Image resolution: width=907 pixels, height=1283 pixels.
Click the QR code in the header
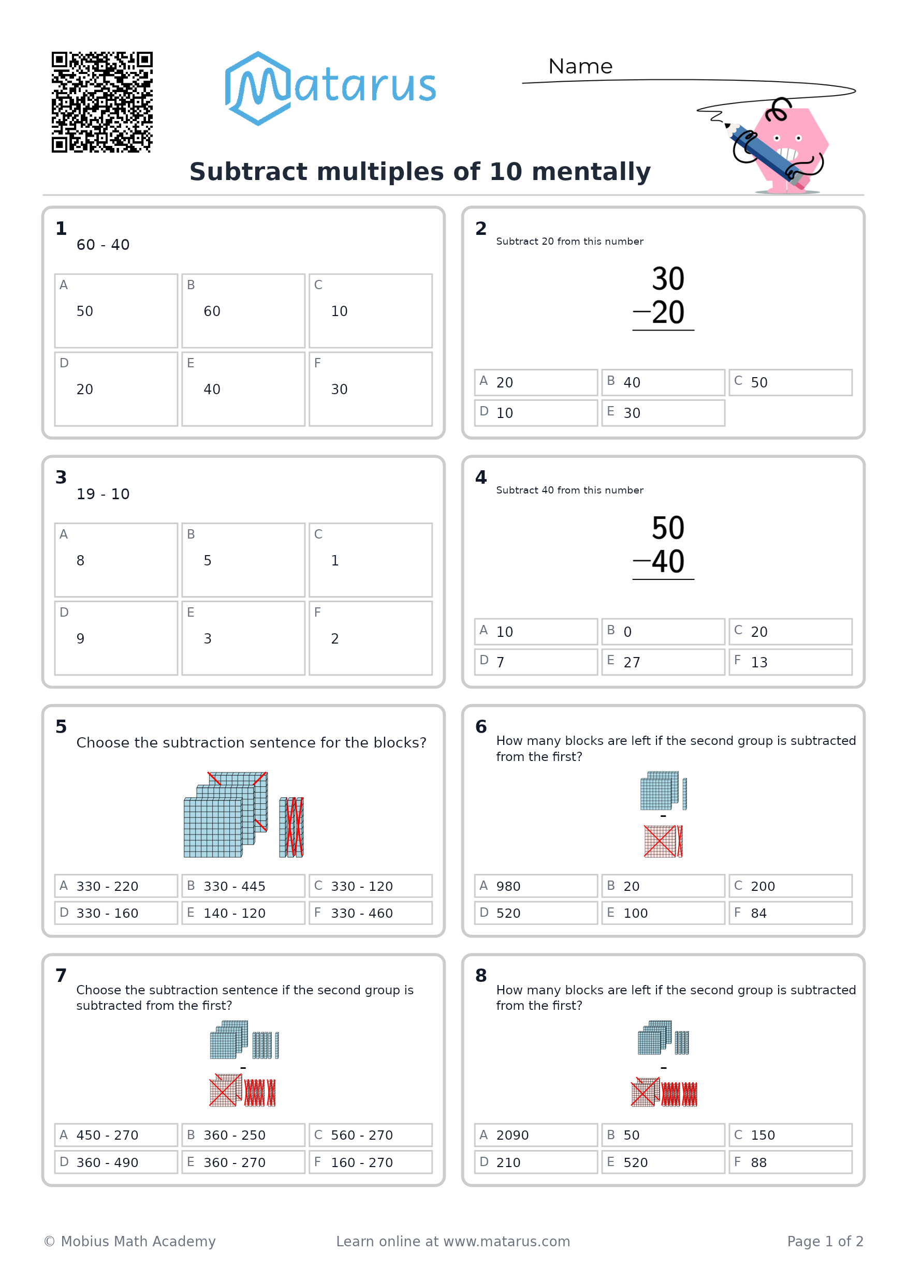[102, 102]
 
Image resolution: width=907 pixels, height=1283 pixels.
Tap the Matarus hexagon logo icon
[258, 88]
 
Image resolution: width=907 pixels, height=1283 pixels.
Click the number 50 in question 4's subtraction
[668, 528]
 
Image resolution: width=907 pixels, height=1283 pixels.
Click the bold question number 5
[61, 726]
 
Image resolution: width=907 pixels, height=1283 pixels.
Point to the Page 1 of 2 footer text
[825, 1241]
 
